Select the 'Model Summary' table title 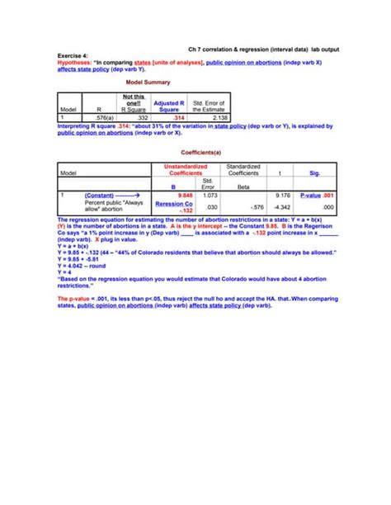click(x=148, y=83)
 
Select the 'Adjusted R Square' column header click(x=169, y=106)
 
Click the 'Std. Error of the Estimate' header click(x=210, y=106)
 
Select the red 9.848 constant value click(x=184, y=196)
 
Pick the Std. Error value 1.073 click(x=208, y=196)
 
